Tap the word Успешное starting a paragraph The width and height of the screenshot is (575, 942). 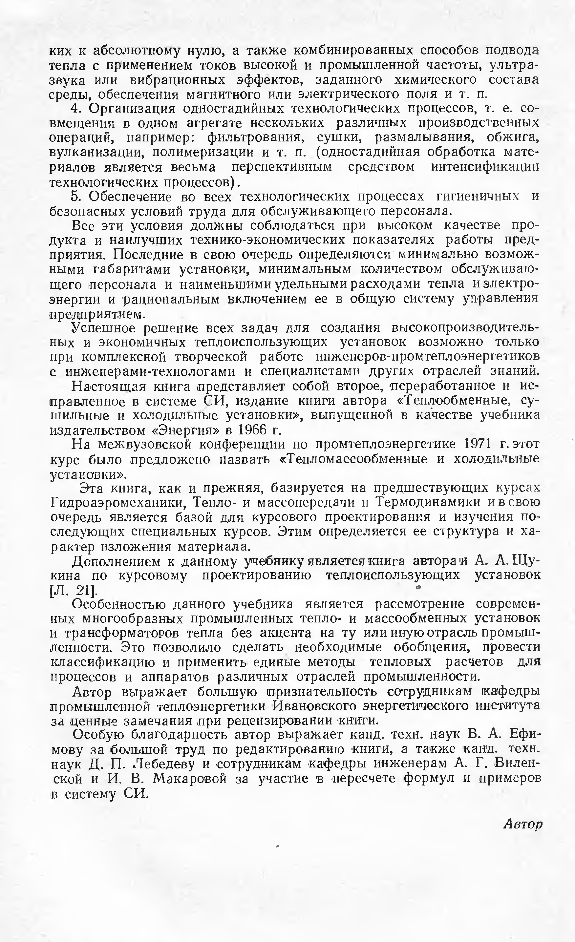point(102,328)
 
